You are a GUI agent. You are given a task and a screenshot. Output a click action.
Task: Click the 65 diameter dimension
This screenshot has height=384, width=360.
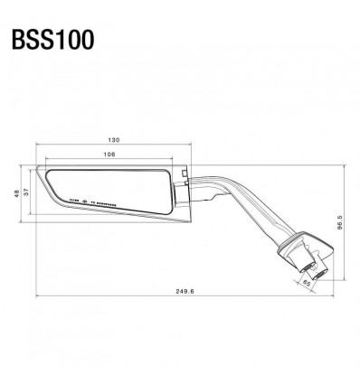click(x=307, y=283)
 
